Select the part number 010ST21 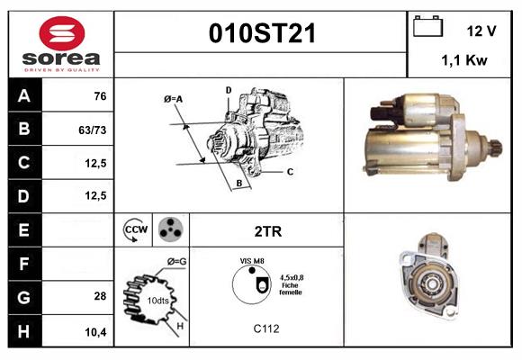click(x=262, y=33)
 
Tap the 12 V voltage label click(x=481, y=31)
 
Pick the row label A click(x=24, y=96)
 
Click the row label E click(x=24, y=229)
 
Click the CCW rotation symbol click(x=135, y=229)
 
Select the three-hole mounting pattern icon click(x=169, y=229)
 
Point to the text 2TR click(x=268, y=231)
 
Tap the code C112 click(x=266, y=329)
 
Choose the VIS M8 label click(x=252, y=260)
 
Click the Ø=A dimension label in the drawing click(x=174, y=98)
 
